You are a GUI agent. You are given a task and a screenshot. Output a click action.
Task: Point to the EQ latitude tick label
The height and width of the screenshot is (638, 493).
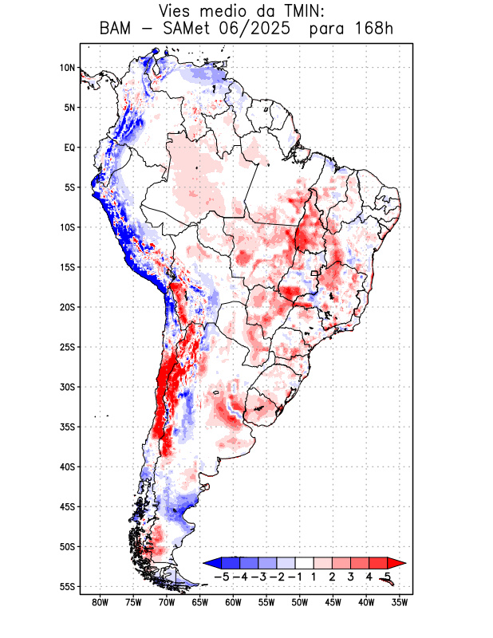pos(69,148)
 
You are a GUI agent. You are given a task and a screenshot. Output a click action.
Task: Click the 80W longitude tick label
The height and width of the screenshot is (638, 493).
pos(101,603)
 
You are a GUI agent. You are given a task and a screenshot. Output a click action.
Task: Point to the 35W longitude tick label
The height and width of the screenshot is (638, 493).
pos(401,603)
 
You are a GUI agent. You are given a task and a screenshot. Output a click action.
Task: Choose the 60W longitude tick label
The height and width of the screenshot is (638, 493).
pos(234,603)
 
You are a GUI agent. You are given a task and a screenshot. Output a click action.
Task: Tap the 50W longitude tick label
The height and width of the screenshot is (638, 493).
pos(301,603)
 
